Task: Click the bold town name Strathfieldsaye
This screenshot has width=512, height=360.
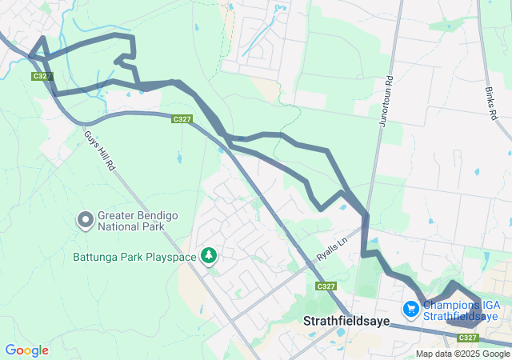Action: (x=347, y=322)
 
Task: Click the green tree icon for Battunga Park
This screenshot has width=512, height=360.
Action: (x=209, y=256)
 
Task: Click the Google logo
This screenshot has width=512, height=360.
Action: (x=26, y=350)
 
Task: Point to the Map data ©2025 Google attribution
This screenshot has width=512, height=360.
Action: (x=462, y=354)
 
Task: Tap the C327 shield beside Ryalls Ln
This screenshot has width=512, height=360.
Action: (x=326, y=286)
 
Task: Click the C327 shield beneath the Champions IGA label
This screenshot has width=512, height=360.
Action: (x=469, y=338)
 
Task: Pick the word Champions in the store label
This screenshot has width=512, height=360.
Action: (x=450, y=304)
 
